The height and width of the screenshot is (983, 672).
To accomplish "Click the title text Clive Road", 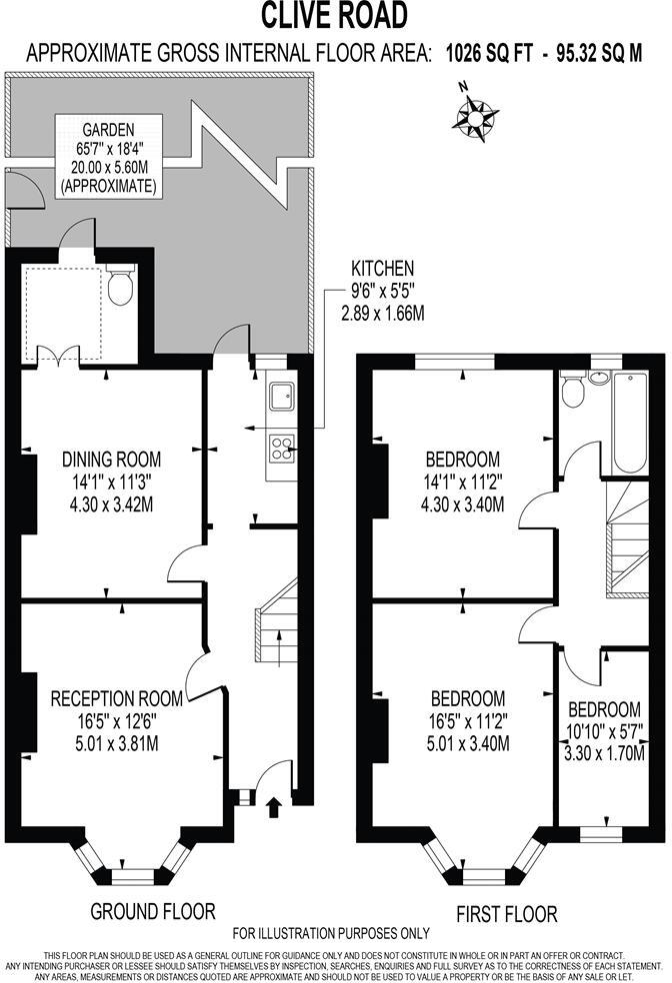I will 335,16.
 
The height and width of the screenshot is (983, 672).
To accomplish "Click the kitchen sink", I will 279,397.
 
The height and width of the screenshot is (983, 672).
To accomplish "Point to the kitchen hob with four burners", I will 279,451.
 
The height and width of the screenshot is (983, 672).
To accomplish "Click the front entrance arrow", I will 276,804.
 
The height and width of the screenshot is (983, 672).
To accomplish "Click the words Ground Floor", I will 153,910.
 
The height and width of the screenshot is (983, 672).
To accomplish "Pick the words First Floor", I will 507,913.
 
